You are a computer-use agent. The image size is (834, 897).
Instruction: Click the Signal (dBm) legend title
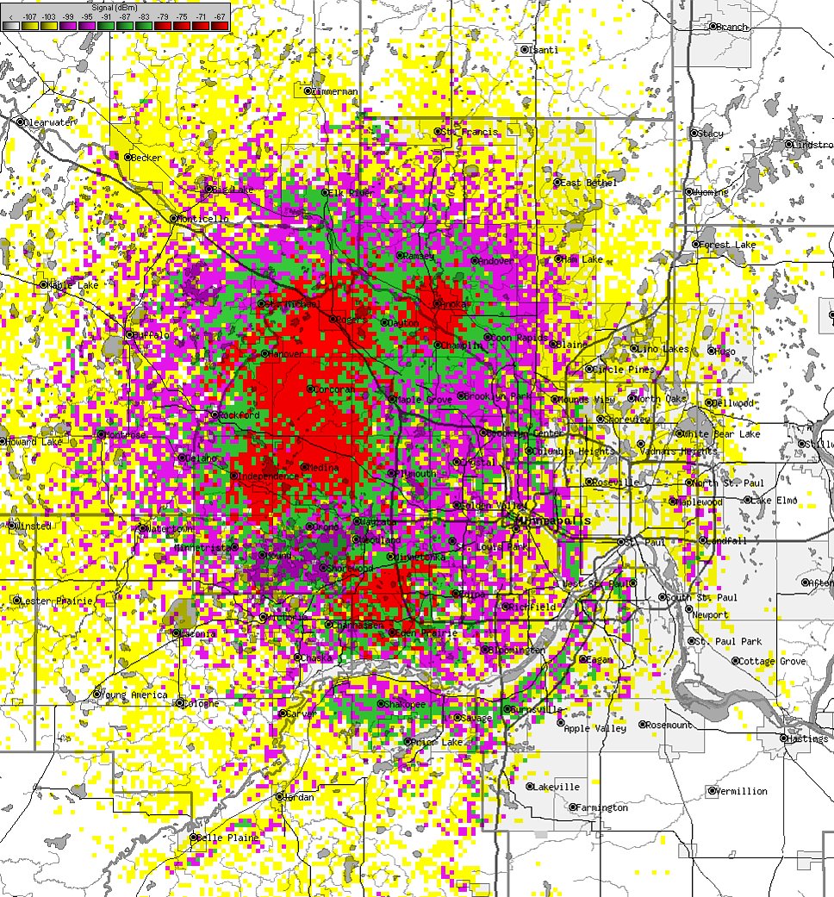point(115,8)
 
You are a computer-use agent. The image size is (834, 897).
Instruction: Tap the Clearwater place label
point(51,123)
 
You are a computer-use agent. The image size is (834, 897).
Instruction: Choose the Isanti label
point(545,50)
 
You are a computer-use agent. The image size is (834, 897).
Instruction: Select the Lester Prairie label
point(58,600)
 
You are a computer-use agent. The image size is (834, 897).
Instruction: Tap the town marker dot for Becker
point(128,157)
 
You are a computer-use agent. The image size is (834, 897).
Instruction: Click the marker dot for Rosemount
point(643,725)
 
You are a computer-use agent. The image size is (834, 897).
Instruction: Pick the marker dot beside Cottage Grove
point(736,661)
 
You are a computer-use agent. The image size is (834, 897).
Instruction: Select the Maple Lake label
point(75,284)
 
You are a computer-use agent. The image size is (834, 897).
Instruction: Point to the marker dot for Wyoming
point(688,191)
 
